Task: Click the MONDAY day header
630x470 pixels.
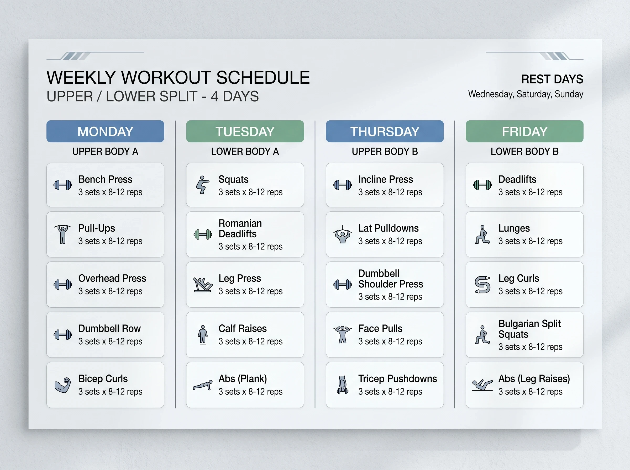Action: [105, 131]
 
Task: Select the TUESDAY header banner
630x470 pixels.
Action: [245, 131]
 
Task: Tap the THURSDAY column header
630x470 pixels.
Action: [385, 131]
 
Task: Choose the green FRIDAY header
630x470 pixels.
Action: [524, 131]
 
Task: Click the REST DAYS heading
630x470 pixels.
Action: [552, 79]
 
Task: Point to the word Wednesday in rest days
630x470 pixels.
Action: [491, 94]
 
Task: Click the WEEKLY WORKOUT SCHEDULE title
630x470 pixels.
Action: [178, 77]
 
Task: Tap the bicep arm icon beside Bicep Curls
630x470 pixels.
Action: [63, 385]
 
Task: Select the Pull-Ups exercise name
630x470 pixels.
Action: [97, 228]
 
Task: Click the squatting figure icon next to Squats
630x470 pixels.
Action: [202, 185]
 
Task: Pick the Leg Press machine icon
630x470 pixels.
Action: [202, 285]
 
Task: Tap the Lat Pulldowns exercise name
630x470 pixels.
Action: [388, 228]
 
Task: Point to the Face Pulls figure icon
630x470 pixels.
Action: [343, 335]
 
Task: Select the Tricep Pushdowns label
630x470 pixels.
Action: [397, 379]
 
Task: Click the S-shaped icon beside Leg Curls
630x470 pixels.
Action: [482, 285]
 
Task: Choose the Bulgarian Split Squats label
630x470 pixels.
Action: [529, 329]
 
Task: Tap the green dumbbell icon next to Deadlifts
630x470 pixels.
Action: [482, 185]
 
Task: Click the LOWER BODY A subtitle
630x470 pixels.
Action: [245, 151]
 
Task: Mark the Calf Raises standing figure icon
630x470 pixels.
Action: [202, 335]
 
